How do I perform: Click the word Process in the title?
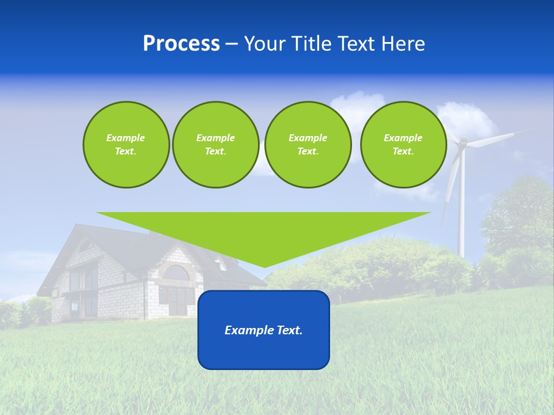point(181,44)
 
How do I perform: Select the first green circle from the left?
point(126,145)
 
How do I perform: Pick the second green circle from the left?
point(215,145)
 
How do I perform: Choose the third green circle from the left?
point(308,145)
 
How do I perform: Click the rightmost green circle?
point(403,145)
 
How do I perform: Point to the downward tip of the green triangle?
point(264,265)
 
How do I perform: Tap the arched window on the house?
point(177,273)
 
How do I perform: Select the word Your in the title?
point(263,44)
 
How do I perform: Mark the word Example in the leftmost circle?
point(126,138)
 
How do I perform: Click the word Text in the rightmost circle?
point(403,152)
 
